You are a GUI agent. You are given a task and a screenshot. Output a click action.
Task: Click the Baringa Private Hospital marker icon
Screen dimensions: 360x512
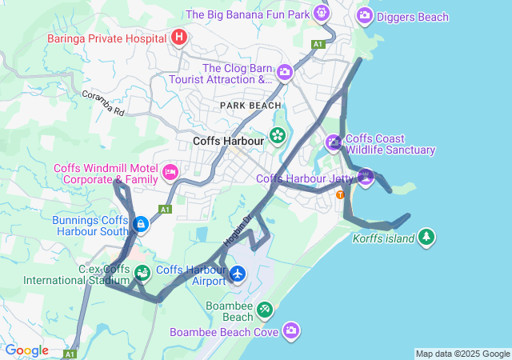(x=179, y=37)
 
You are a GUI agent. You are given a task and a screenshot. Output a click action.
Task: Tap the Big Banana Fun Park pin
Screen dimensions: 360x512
(x=322, y=13)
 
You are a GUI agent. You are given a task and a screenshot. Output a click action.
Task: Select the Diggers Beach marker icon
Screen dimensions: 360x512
(x=365, y=14)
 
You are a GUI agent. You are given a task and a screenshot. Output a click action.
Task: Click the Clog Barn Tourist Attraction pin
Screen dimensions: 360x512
(x=284, y=74)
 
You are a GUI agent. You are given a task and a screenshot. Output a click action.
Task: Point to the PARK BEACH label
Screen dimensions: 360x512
(x=251, y=106)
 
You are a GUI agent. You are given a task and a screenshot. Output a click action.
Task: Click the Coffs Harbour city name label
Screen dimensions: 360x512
(x=228, y=142)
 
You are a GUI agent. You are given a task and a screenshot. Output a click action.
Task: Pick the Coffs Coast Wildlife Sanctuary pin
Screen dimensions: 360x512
(x=334, y=143)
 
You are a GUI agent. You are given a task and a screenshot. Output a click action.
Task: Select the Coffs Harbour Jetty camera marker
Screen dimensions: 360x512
(x=366, y=178)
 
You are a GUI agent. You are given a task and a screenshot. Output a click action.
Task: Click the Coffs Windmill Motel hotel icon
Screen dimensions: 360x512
(x=170, y=172)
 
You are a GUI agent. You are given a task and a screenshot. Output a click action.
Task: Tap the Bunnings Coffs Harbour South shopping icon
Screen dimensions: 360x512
(x=141, y=224)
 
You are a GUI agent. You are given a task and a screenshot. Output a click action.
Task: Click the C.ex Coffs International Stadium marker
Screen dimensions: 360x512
(x=142, y=274)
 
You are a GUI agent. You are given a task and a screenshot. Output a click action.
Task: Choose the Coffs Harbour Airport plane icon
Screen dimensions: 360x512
(x=238, y=274)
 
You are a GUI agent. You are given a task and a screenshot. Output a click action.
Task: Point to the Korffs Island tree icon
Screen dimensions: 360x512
(x=427, y=237)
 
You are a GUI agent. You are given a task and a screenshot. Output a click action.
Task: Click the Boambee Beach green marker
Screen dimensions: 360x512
(x=264, y=310)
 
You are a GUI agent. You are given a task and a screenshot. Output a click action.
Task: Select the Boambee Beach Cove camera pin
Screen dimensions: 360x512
(x=291, y=330)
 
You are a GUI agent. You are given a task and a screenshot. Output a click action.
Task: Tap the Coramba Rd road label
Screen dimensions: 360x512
(x=103, y=103)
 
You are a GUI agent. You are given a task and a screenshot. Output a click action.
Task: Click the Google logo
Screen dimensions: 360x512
(x=26, y=350)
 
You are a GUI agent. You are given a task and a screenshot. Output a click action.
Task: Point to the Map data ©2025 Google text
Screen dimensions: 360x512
(x=462, y=354)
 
